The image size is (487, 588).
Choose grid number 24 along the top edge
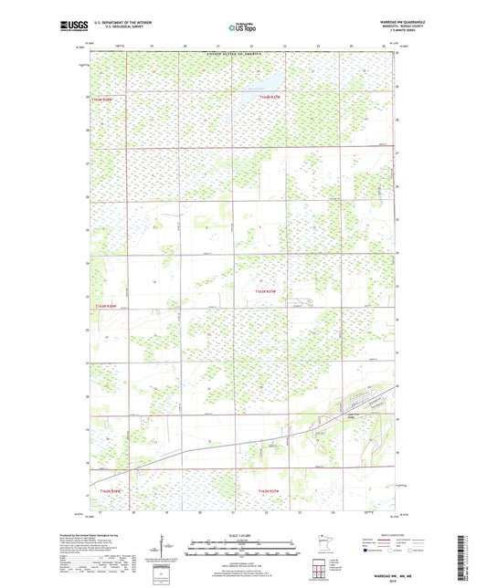coord(318,45)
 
